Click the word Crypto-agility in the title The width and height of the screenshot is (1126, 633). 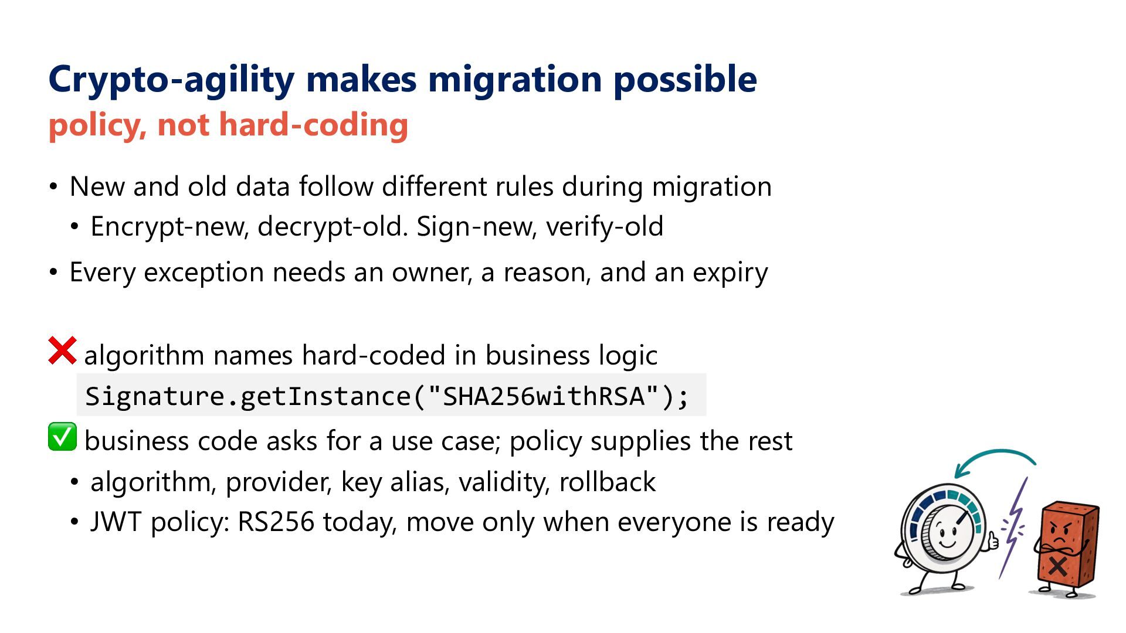[x=171, y=79]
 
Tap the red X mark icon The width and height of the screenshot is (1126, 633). [x=62, y=350]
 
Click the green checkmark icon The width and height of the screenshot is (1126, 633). [x=62, y=437]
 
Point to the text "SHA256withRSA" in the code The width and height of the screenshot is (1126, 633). [x=544, y=396]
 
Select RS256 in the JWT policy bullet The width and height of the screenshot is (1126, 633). [x=276, y=522]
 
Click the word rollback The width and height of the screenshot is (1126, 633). [x=608, y=482]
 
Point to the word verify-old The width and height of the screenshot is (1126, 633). [x=605, y=227]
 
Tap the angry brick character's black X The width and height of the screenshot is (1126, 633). [x=1058, y=566]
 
